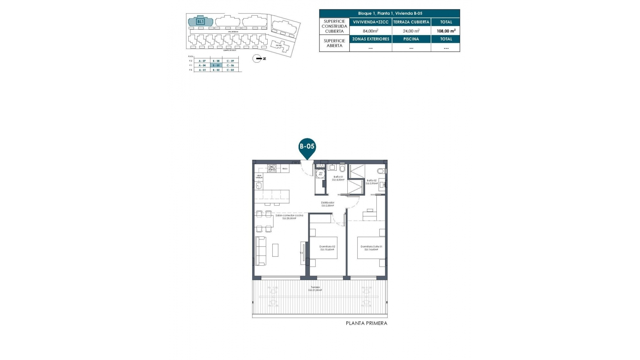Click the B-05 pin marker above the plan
(307, 147)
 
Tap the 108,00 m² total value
(446, 31)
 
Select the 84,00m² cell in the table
(370, 31)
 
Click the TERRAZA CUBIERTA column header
(411, 22)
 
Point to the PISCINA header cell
(411, 39)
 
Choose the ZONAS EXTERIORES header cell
(371, 39)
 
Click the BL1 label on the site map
(200, 22)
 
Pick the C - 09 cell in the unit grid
(230, 61)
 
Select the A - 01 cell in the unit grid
(202, 70)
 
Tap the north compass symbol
(257, 59)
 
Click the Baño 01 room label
(338, 178)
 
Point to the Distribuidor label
(327, 204)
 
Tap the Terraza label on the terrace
(315, 289)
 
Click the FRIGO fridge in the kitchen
(285, 169)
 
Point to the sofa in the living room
(260, 251)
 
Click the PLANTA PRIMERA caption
(366, 323)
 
